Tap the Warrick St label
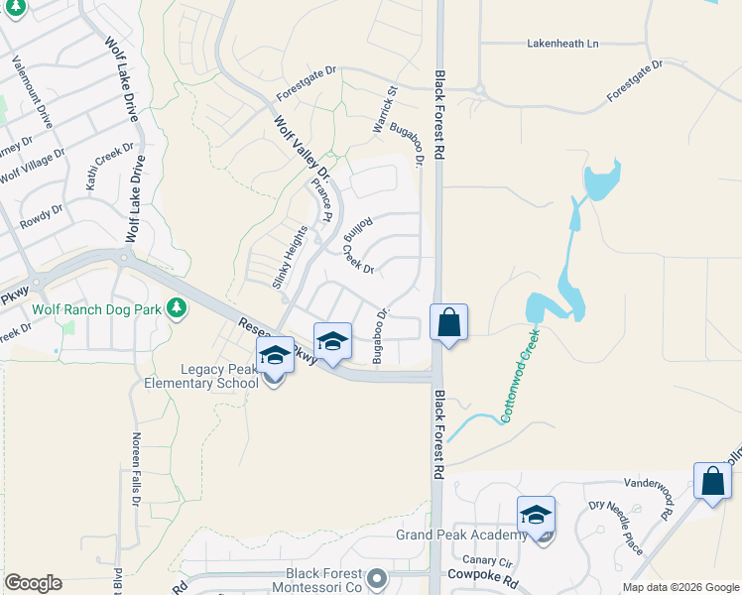coord(384,109)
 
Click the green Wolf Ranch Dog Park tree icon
coord(177,308)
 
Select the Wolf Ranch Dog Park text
coord(96,309)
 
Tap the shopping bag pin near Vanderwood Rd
coord(712,482)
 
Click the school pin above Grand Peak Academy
coord(536,515)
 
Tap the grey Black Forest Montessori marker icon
coord(375,577)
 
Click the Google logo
coord(33,582)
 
